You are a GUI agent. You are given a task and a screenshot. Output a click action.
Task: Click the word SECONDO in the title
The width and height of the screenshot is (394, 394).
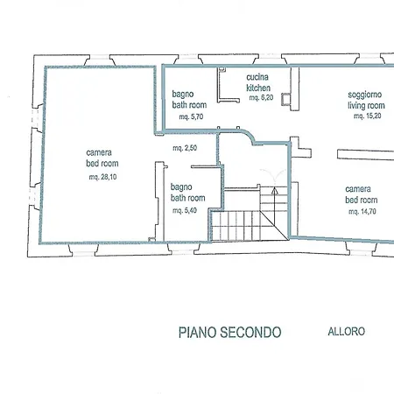coord(251,332)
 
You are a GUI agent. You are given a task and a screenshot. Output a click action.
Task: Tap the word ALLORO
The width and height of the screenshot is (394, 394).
coord(346,332)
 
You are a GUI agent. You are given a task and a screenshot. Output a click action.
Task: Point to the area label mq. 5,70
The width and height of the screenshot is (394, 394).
coord(191,116)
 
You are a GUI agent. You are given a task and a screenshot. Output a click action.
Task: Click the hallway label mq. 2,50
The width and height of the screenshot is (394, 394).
coord(185,148)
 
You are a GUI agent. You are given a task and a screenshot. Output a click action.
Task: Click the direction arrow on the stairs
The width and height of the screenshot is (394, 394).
coord(275,188)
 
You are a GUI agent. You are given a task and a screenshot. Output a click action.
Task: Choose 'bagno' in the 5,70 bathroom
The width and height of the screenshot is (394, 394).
coord(183,93)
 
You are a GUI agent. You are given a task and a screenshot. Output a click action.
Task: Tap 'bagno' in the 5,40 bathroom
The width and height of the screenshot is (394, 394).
coord(183,187)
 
